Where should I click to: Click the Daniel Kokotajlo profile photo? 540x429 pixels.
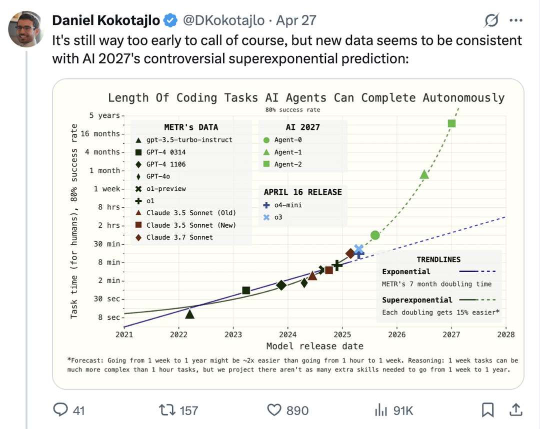[x=25, y=28]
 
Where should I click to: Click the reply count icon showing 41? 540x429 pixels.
[x=61, y=410]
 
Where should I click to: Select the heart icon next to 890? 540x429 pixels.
[x=274, y=410]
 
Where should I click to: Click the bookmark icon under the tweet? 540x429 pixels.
[x=487, y=410]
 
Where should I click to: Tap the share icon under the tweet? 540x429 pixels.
[x=515, y=410]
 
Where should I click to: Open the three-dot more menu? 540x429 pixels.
[x=515, y=20]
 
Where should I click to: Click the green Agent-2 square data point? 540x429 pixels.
[x=452, y=123]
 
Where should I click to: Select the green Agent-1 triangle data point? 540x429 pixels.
[x=424, y=174]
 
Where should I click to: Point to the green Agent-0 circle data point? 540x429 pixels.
[x=375, y=235]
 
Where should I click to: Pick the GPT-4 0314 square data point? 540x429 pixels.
[x=246, y=290]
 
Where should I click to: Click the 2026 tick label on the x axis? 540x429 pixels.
[x=397, y=334]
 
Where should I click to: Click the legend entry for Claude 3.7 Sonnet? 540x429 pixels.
[x=179, y=237]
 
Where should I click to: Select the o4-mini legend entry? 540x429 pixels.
[x=287, y=205]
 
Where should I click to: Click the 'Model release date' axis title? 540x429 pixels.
[x=314, y=346]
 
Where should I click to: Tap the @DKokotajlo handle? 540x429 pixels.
[x=223, y=20]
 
